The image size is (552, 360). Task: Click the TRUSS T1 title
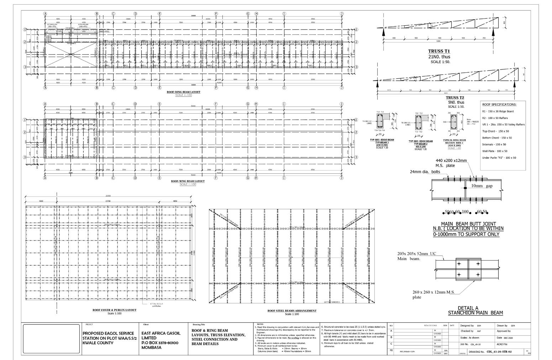pos(439,51)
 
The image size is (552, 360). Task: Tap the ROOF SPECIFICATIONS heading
pos(499,105)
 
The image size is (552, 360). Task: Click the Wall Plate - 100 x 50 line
pos(495,151)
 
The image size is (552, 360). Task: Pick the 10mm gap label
pos(482,186)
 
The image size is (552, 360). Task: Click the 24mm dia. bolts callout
pos(425,172)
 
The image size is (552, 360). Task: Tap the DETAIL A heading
pos(468,308)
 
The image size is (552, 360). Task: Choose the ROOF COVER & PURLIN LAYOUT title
pos(114,310)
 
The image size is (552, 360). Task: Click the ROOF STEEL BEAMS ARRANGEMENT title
pos(292,311)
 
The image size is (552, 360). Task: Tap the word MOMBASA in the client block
pos(151,348)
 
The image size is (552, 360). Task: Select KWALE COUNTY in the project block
pos(98,343)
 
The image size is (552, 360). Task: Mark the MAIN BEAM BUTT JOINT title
pos(468,224)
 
